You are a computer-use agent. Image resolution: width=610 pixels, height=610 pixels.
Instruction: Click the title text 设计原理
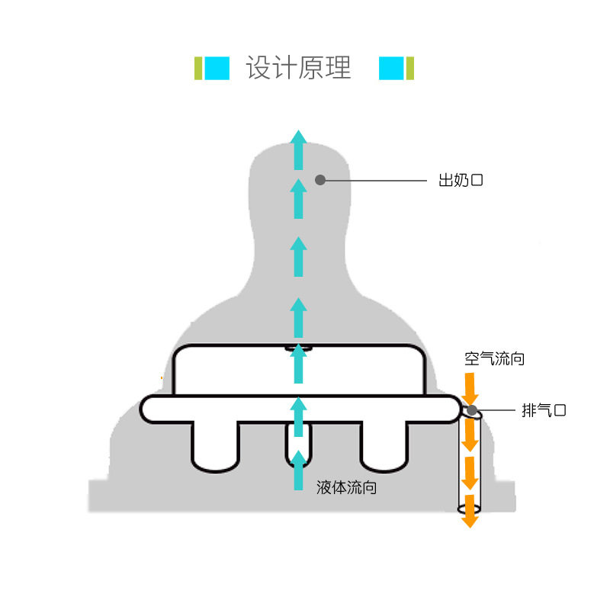click(x=298, y=68)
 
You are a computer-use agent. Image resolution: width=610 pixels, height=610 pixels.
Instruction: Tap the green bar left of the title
click(x=198, y=68)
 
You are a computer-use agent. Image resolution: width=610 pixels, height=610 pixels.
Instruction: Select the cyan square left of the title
click(x=217, y=68)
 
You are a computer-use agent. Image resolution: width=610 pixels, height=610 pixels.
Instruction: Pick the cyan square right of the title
click(x=391, y=68)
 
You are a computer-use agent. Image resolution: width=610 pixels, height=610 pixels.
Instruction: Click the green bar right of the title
click(x=409, y=68)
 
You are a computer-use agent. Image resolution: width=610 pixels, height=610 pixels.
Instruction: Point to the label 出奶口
click(x=461, y=181)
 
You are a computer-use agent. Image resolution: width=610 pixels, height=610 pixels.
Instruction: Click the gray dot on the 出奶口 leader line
click(x=320, y=180)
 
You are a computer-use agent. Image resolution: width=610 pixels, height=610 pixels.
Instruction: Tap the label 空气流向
click(x=494, y=358)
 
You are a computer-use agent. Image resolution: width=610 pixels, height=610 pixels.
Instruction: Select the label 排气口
click(x=544, y=410)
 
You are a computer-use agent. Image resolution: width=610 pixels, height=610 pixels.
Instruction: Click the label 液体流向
click(x=346, y=487)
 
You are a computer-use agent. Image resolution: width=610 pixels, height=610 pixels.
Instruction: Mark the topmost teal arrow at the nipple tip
click(x=299, y=149)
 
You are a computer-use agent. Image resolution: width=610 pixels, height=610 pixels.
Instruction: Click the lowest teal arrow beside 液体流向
click(x=299, y=469)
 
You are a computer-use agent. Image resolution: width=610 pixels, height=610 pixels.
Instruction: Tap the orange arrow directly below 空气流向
click(x=470, y=387)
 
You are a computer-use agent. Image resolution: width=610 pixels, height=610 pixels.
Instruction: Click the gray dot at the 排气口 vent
click(x=472, y=411)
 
